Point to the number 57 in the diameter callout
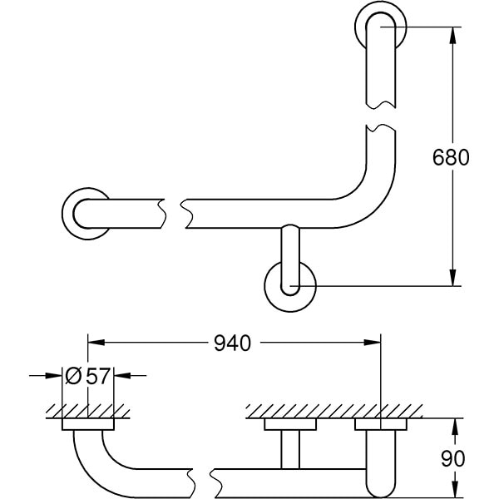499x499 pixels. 97,376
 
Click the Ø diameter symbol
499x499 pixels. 72,376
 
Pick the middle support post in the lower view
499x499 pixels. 289,449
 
